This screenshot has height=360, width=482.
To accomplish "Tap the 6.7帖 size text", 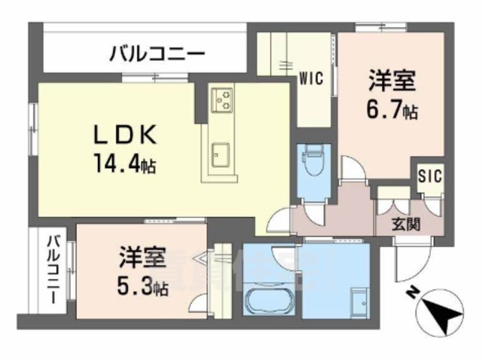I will tap(392, 111).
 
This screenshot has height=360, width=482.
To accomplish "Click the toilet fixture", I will tap(312, 162).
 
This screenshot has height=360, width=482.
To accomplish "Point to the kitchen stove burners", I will tap(222, 99).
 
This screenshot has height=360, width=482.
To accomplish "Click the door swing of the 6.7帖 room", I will tap(352, 169).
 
